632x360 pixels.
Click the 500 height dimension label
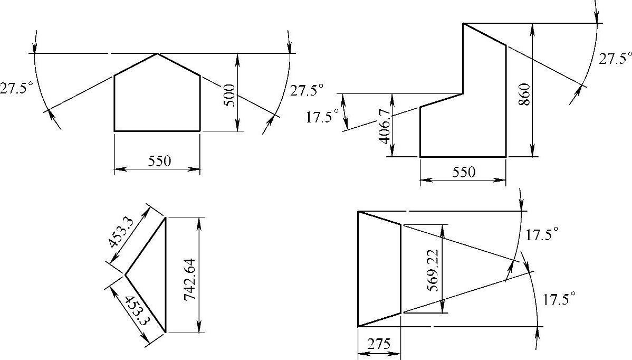229,95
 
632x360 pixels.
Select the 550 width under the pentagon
160,161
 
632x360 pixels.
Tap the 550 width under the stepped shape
464,173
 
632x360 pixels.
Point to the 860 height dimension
523,94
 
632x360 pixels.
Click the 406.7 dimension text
385,126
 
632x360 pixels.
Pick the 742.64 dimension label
189,279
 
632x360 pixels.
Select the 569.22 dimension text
432,270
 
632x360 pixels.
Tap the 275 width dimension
379,344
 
